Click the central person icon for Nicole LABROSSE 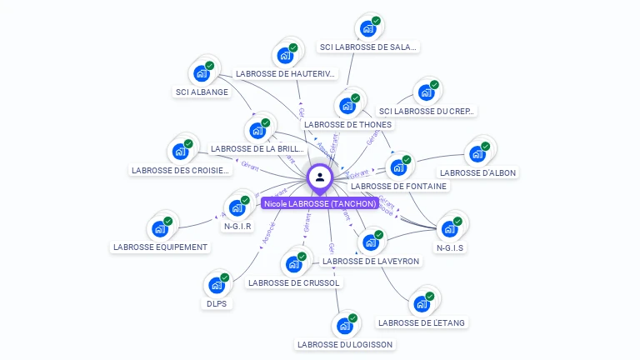coord(319,177)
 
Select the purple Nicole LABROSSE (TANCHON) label coord(320,203)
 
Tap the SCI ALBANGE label coord(202,92)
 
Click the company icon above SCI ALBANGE coord(202,72)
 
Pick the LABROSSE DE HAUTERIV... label coord(285,74)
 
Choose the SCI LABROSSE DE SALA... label coord(368,47)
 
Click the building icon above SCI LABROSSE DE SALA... coord(367,28)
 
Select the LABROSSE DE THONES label coord(347,125)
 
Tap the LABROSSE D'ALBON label coord(478,173)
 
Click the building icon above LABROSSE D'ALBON coord(477,153)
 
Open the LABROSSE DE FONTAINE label coord(399,187)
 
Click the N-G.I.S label coord(450,247)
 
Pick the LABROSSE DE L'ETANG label coord(422,322)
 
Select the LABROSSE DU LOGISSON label coord(344,344)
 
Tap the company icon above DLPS coord(217,285)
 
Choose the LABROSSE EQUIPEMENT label coord(161,247)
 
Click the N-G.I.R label coord(237,226)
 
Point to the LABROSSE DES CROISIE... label coord(180,171)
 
